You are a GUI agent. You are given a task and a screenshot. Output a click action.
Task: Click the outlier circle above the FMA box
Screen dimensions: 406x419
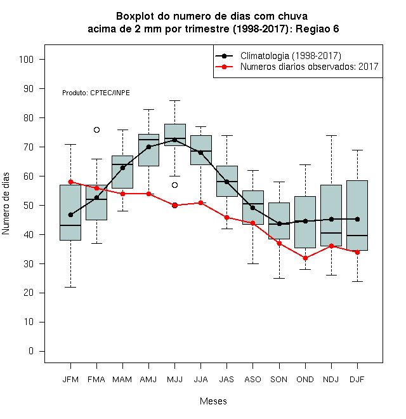tap(96, 130)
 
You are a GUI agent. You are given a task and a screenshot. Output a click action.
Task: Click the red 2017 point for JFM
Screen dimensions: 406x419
tap(71, 182)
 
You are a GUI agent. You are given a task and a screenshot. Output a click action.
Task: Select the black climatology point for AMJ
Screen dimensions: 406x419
tap(149, 147)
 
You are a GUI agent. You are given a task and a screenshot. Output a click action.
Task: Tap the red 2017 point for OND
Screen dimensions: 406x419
tap(305, 258)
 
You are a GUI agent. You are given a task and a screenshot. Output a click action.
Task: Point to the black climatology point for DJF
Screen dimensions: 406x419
tap(357, 219)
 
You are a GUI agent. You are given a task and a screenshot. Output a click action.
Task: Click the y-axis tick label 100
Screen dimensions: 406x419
tap(26, 59)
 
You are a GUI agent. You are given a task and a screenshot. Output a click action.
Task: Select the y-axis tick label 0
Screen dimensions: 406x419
tap(31, 351)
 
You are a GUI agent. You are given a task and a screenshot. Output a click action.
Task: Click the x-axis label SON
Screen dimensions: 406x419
tap(279, 380)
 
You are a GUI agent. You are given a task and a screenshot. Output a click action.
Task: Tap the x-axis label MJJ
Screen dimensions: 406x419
tap(174, 380)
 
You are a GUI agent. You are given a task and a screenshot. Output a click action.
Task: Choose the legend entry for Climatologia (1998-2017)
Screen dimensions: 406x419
tap(278, 56)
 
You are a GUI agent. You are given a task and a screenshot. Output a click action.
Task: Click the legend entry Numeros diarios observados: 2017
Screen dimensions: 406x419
tap(297, 67)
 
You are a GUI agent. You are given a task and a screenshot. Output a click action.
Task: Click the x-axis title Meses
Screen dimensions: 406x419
tap(213, 401)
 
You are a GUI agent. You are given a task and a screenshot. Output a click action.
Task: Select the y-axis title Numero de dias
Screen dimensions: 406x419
tap(6, 204)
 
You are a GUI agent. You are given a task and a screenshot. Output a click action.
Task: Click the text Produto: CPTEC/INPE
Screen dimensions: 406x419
tap(96, 93)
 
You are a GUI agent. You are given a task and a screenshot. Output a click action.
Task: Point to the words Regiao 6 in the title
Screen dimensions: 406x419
tap(317, 29)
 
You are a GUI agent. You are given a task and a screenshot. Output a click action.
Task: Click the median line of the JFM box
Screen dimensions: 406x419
tap(70, 225)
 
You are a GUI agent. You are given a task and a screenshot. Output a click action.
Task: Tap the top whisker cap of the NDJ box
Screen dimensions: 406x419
tap(332, 135)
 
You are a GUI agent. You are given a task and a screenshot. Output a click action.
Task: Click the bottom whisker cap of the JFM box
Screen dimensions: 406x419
tap(71, 287)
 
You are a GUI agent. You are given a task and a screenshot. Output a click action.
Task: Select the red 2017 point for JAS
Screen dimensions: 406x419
tap(226, 218)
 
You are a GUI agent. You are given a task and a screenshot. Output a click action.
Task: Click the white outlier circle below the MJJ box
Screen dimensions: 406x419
tap(174, 185)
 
